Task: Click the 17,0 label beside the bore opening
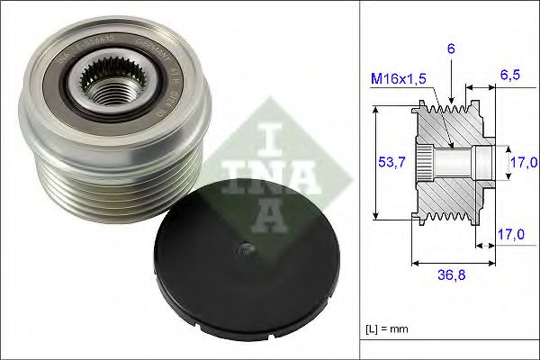524,163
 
